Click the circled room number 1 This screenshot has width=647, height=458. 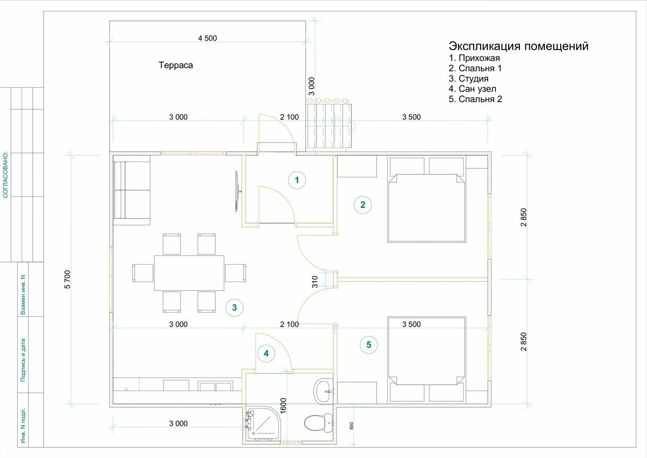click(297, 180)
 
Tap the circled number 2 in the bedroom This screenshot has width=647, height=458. click(363, 205)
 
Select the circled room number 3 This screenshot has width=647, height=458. click(235, 307)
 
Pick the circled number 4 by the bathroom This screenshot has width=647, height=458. click(266, 353)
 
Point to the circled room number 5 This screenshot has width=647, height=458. click(369, 345)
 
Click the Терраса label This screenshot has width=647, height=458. click(175, 65)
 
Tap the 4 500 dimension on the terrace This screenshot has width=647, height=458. click(207, 38)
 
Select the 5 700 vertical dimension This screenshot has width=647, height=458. click(67, 279)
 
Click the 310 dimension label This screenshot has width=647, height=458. click(315, 282)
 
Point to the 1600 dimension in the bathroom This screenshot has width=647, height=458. click(283, 406)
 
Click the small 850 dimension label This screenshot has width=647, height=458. click(352, 426)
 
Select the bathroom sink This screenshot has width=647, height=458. click(324, 391)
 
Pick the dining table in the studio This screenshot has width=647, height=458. click(189, 273)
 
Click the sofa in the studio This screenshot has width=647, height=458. click(132, 190)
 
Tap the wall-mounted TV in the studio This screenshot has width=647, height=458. click(237, 191)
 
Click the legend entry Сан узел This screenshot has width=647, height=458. click(472, 89)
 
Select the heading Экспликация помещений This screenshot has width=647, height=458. click(519, 46)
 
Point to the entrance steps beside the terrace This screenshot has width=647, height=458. click(329, 123)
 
